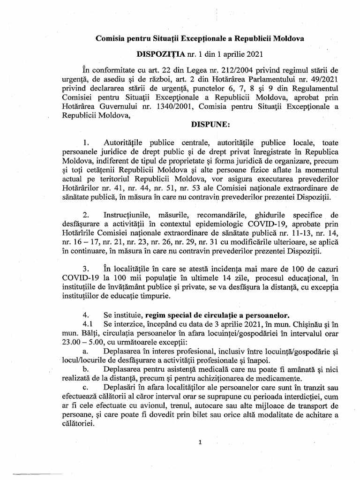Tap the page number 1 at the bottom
[x=200, y=442]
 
